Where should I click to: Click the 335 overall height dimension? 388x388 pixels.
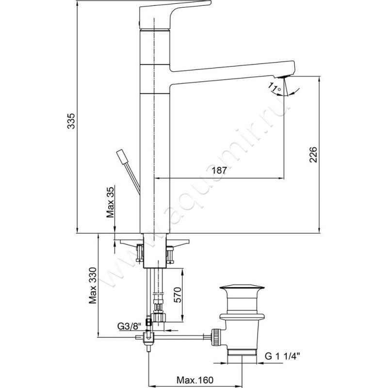click(71, 121)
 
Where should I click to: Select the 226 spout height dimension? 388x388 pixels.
click(313, 155)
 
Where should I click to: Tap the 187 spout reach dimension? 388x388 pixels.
click(219, 170)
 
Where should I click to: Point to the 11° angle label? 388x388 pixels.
click(275, 88)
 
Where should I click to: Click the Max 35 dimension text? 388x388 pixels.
click(111, 202)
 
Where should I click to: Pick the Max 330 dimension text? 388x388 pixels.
click(93, 285)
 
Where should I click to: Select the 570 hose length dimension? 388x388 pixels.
click(178, 295)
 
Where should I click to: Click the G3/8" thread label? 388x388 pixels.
click(129, 326)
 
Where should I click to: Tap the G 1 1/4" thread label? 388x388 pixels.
click(282, 356)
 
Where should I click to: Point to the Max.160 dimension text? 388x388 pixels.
click(195, 380)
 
